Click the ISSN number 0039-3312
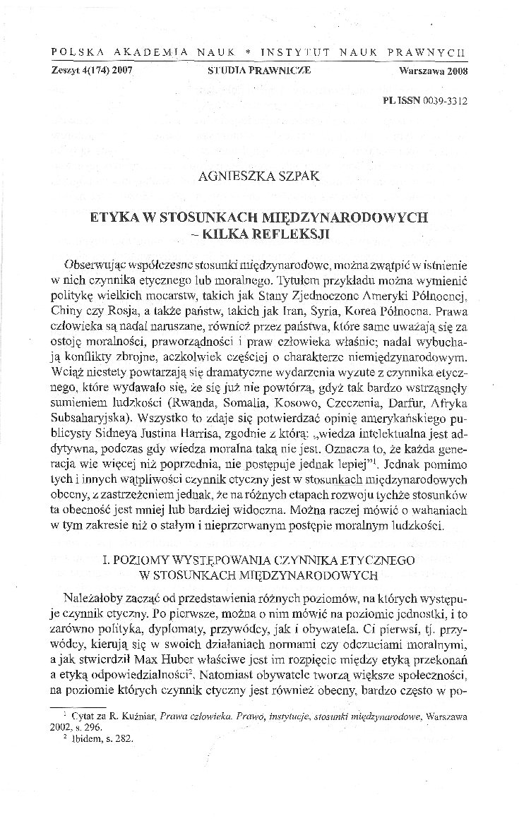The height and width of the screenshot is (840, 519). coord(444,101)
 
